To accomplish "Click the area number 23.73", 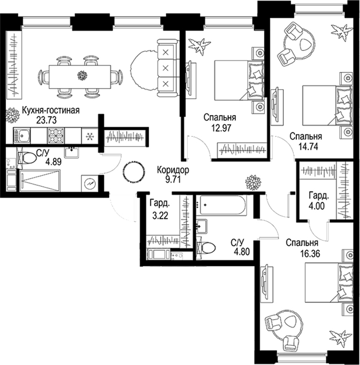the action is [46, 120].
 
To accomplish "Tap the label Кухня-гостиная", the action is [51, 110].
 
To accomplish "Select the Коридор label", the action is [173, 170].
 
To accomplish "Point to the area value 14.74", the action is [308, 147].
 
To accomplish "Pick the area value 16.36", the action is [310, 253].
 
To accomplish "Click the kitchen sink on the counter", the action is [22, 136].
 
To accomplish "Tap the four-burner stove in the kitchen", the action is [56, 136].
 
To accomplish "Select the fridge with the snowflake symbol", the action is [89, 136].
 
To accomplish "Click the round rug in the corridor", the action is [133, 172].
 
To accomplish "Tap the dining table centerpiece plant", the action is [82, 76].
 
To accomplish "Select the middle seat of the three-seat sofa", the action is [165, 68].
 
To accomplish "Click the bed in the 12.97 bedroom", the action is [239, 80].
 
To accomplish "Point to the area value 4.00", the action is [317, 206].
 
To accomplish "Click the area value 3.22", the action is [160, 215].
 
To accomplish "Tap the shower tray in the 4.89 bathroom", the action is [40, 180].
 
